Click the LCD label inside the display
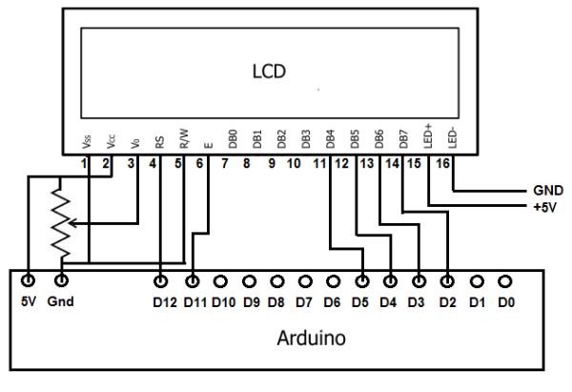(x=269, y=72)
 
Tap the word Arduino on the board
(x=311, y=338)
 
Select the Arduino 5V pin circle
(x=28, y=280)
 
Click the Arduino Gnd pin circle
(x=61, y=280)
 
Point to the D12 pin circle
(x=160, y=281)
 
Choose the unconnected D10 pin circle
(x=220, y=281)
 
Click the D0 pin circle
(x=504, y=281)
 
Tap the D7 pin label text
(x=304, y=302)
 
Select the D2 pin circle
(x=447, y=281)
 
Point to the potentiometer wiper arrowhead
(x=72, y=223)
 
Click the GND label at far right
(x=548, y=190)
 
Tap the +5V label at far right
(x=545, y=207)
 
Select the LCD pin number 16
(x=443, y=163)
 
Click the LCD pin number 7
(x=225, y=163)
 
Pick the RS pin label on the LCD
(x=159, y=142)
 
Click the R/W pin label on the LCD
(x=184, y=138)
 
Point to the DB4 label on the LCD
(x=330, y=139)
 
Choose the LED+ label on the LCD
(x=428, y=135)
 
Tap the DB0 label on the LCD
(x=233, y=139)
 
